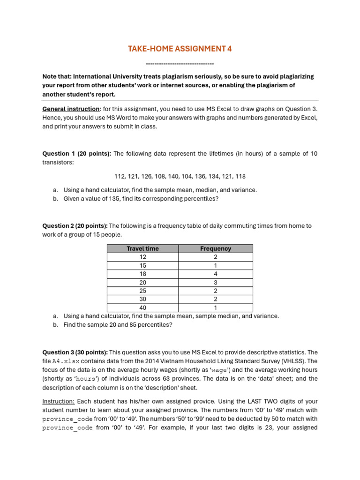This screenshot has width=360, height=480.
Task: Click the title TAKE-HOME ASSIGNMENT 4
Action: [180, 49]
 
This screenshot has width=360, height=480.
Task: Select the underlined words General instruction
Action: [70, 109]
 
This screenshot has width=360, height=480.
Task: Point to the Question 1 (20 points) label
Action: [77, 153]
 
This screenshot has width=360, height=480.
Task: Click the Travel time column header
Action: [143, 248]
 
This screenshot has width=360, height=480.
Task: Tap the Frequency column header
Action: [216, 248]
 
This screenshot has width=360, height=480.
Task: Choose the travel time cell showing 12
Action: [143, 257]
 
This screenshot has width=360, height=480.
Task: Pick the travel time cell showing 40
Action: [143, 308]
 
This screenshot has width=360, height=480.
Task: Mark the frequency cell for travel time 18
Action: [216, 274]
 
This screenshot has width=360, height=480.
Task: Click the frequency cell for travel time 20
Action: [216, 282]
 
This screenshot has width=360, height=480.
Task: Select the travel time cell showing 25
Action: [143, 291]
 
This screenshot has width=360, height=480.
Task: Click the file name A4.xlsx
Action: [66, 361]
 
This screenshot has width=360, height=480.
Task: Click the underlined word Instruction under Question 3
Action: [59, 401]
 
